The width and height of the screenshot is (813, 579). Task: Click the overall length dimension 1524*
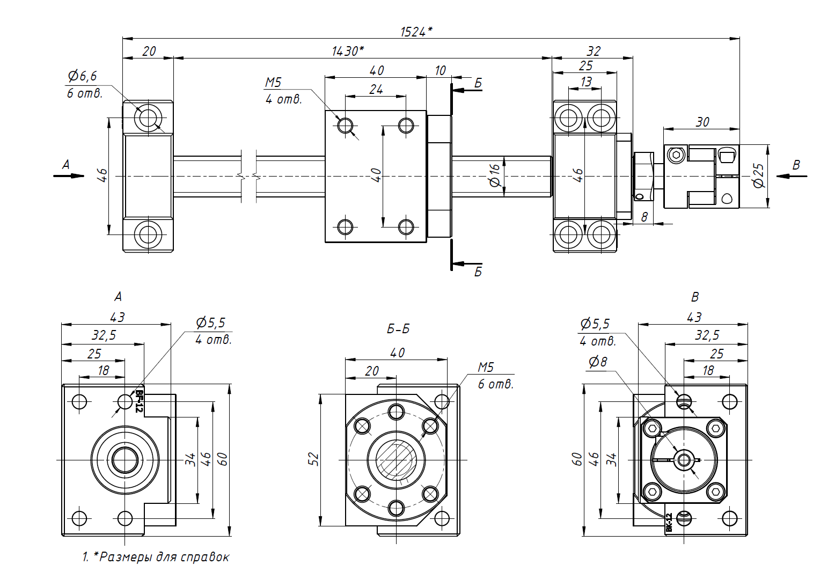[x=416, y=32]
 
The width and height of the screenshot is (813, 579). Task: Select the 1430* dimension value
[x=348, y=51]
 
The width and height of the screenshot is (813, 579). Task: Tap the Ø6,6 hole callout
[x=83, y=76]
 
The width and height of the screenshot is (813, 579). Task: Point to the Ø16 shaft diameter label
[x=495, y=175]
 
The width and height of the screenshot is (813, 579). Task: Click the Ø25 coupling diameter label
[x=759, y=175]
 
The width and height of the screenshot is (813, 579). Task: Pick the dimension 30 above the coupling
[x=702, y=122]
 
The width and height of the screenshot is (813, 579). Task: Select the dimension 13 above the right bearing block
[x=586, y=82]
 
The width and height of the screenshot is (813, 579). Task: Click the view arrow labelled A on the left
[x=69, y=176]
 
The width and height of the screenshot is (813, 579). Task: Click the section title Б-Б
[x=398, y=329]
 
